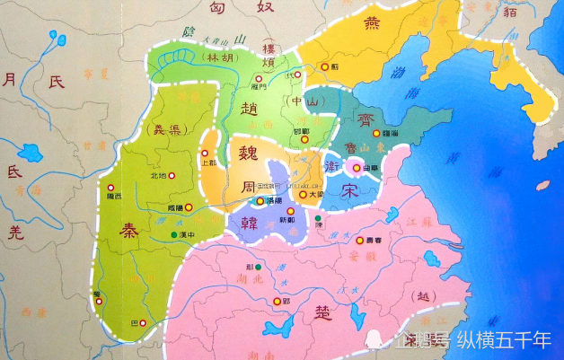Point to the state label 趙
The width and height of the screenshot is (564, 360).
tap(250, 108)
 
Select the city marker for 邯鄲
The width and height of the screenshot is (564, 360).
tap(294, 133)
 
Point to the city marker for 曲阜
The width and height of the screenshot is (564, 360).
tap(357, 167)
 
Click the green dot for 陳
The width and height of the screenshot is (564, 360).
tap(317, 218)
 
